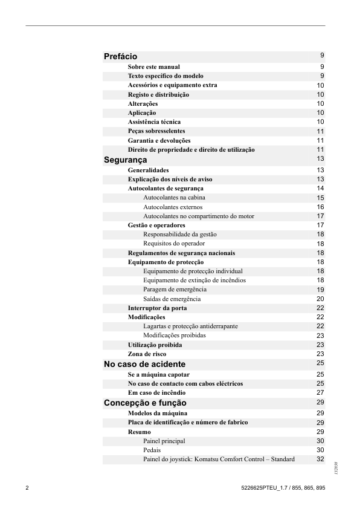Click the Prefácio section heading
pyautogui.click(x=121, y=57)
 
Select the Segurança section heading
pyautogui.click(x=126, y=160)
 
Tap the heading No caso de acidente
pyautogui.click(x=145, y=365)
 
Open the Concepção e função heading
pyautogui.click(x=145, y=403)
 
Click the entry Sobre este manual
pyautogui.click(x=154, y=67)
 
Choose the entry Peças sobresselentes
pyautogui.click(x=156, y=131)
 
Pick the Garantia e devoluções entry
pyautogui.click(x=159, y=140)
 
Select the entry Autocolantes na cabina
pyautogui.click(x=175, y=198)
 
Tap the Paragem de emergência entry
pyautogui.click(x=175, y=290)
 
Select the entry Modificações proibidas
pyautogui.click(x=175, y=336)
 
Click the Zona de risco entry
pyautogui.click(x=147, y=354)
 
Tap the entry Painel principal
pyautogui.click(x=164, y=441)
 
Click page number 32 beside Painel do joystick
pyautogui.click(x=321, y=459)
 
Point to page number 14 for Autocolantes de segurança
pyautogui.click(x=321, y=189)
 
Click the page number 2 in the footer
pyautogui.click(x=27, y=487)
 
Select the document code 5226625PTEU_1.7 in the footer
pyautogui.click(x=262, y=487)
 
